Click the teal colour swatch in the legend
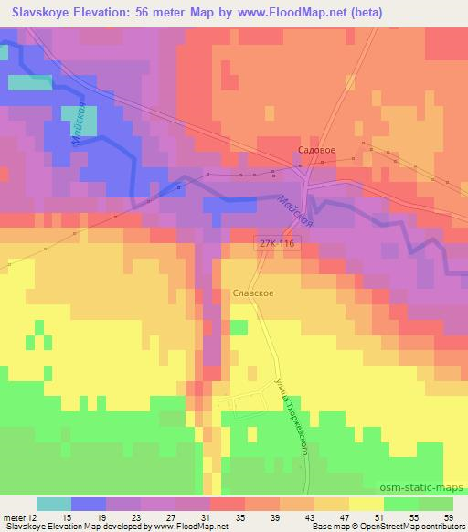[x=53, y=505]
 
